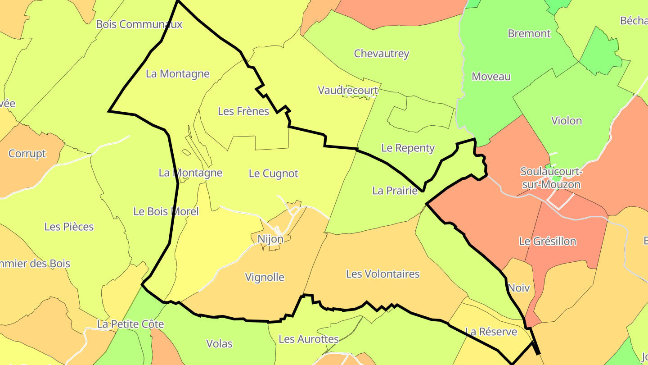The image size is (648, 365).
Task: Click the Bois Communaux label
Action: coord(139,24)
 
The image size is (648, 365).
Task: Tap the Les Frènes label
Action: coord(243,111)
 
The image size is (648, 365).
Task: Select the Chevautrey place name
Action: coord(382,54)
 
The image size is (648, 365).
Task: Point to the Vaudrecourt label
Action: coord(348,90)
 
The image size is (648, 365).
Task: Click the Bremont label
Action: coord(529,34)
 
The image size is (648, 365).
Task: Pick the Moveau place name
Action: coord(491,77)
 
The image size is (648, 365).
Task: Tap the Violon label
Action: coord(567,121)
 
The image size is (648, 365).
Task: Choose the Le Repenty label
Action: coord(408,148)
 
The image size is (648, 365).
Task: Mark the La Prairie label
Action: coord(395,191)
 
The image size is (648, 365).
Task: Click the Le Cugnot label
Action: coord(274,173)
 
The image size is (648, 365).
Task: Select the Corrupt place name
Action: coord(27,154)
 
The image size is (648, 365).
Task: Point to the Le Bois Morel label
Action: coord(166,211)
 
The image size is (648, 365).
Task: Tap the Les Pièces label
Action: coord(69,227)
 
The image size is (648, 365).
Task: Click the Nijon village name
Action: coord(270,239)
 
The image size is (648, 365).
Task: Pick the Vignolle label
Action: coord(265,277)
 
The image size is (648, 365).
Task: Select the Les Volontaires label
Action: coord(382,274)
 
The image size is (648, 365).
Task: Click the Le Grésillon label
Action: coord(547,242)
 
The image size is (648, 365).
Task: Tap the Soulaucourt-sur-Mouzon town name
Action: coord(550,178)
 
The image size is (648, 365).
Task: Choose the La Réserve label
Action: coord(491,332)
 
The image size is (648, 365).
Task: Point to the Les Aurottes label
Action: coord(309,339)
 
